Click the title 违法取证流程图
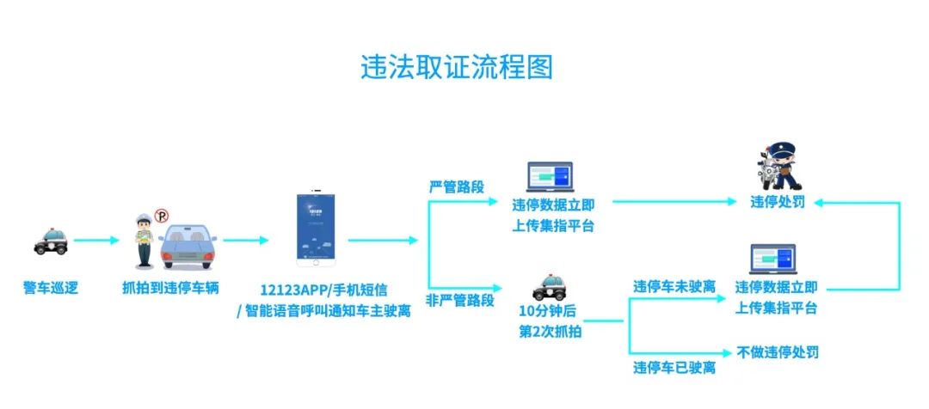[x=456, y=67]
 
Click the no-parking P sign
[x=161, y=217]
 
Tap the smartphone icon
[x=316, y=226]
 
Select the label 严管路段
[x=456, y=186]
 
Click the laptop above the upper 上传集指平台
[x=549, y=176]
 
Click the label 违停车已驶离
[x=674, y=368]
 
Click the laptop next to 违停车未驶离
[x=772, y=260]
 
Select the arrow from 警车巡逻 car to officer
[x=96, y=241]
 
